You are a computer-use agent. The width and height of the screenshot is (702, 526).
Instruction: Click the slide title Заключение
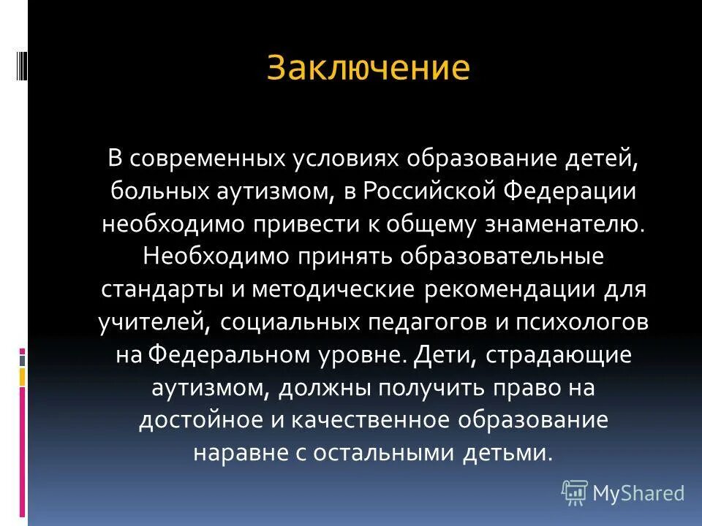[368, 69]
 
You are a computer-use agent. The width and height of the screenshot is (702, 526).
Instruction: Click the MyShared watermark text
[638, 494]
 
